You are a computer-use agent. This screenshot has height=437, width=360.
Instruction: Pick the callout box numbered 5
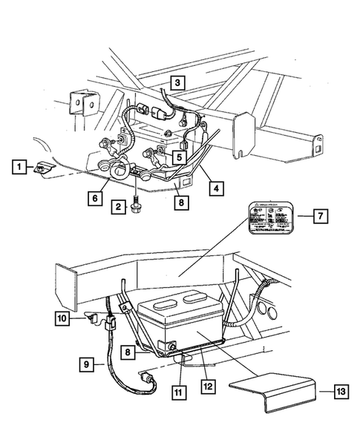(x=180, y=157)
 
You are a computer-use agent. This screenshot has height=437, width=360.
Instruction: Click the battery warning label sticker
(x=269, y=220)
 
